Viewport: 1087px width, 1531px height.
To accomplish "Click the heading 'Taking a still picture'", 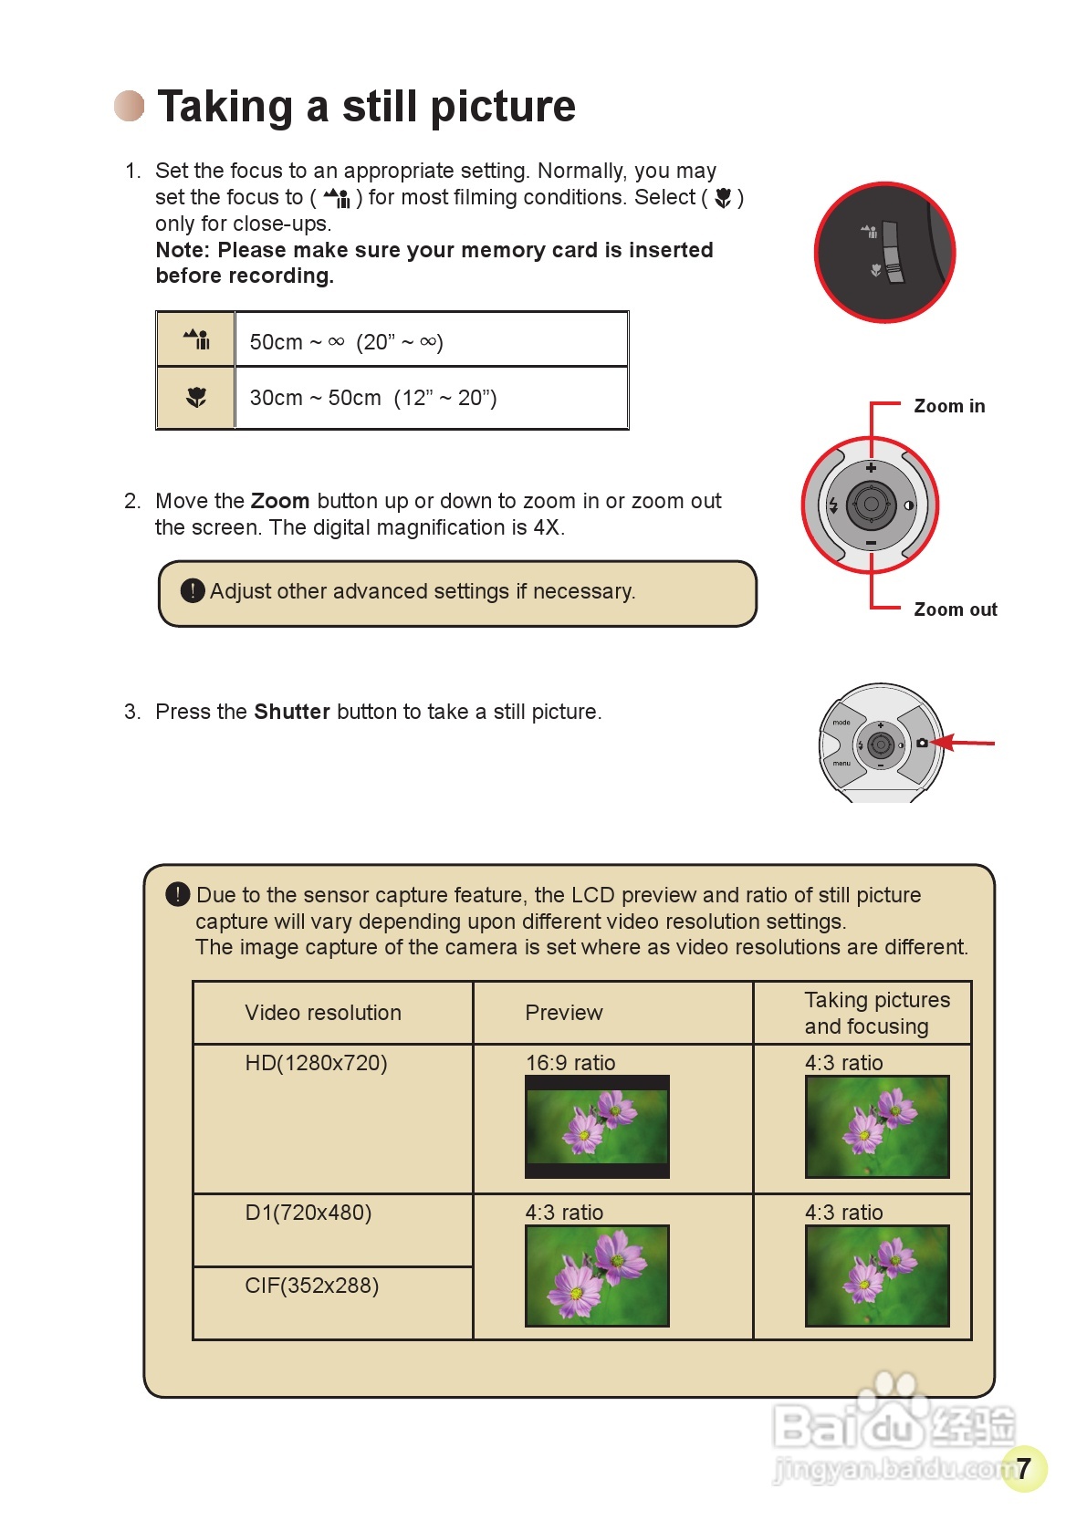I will click(366, 107).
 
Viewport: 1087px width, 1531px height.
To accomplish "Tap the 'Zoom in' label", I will click(949, 406).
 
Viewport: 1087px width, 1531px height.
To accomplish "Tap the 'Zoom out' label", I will click(955, 609).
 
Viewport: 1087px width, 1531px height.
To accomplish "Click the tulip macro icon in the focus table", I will click(196, 398).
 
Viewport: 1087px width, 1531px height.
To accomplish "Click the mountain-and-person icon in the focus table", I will click(196, 340).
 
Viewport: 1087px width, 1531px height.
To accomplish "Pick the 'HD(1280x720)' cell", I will click(316, 1063).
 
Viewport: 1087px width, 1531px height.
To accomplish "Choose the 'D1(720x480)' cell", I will click(308, 1213).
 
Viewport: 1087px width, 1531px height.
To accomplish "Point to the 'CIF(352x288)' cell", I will click(311, 1286).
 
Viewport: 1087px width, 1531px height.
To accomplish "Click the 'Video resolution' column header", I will click(323, 1013).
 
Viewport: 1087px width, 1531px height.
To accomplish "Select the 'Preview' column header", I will click(563, 1013).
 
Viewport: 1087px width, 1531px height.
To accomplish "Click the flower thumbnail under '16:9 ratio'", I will click(597, 1127).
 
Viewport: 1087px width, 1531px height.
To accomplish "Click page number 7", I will click(1023, 1467).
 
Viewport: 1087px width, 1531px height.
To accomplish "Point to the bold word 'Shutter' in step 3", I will click(292, 712).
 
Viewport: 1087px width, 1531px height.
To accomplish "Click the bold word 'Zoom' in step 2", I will click(280, 501).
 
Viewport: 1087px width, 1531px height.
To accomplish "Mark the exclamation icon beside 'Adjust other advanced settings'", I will click(193, 591).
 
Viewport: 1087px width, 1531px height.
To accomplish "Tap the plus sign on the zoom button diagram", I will click(871, 468).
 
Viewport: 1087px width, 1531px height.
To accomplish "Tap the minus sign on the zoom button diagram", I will click(871, 543).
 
